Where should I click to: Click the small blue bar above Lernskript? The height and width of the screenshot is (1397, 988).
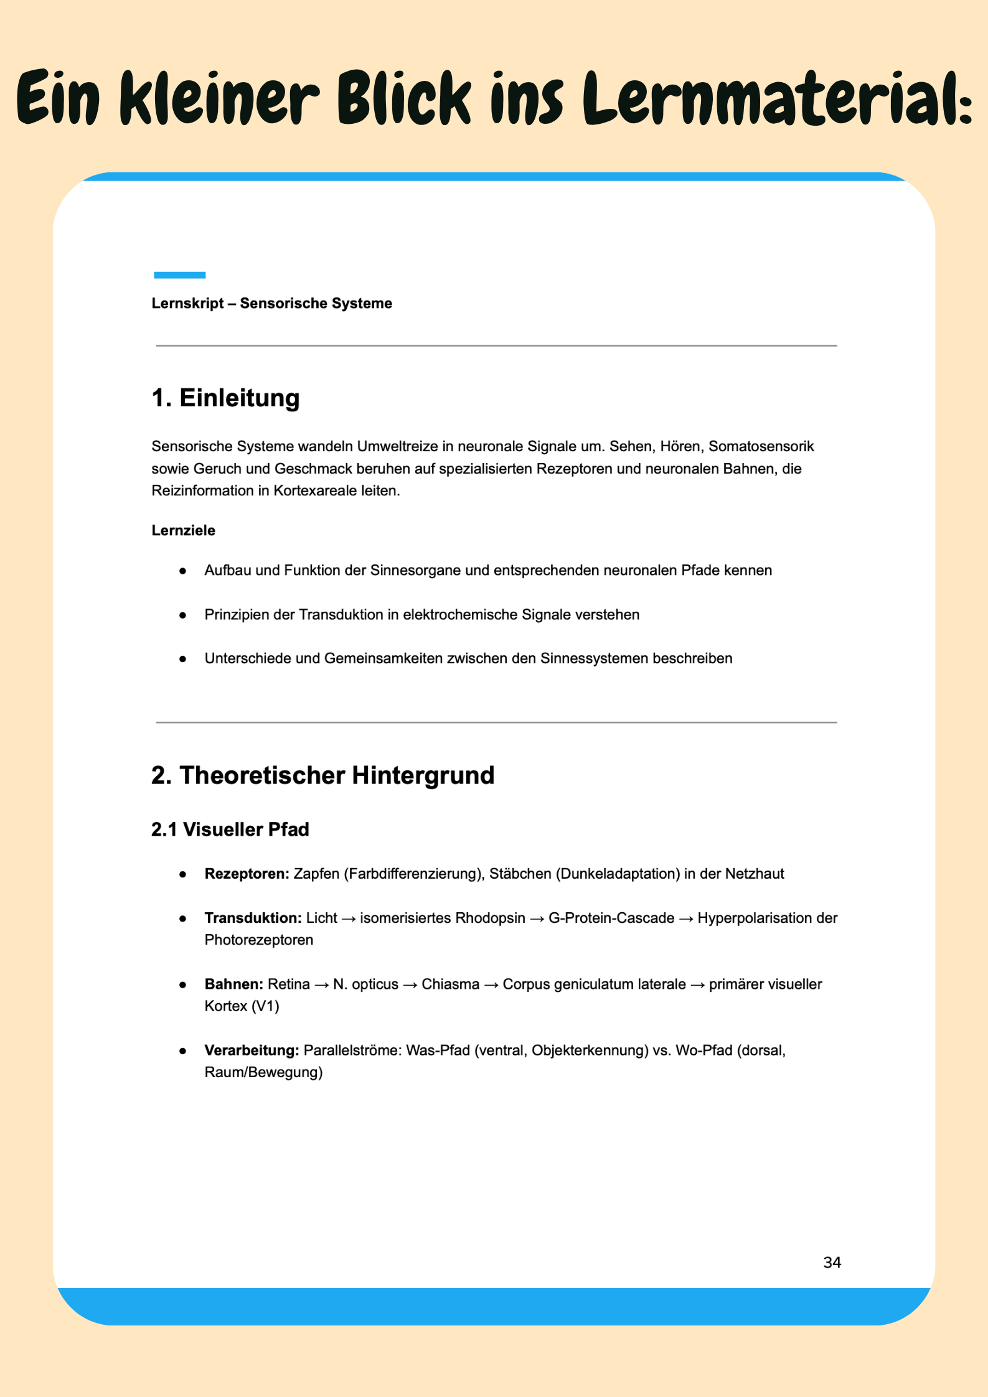click(179, 275)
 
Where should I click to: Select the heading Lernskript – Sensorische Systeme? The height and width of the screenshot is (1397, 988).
click(271, 304)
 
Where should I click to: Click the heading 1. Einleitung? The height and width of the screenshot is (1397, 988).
click(225, 398)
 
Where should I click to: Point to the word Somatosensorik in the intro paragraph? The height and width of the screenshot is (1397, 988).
click(761, 447)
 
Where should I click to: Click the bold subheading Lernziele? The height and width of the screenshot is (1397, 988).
click(183, 531)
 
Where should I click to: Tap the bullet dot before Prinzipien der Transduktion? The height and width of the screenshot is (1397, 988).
click(182, 615)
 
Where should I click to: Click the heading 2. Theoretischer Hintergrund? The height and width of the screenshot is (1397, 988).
click(322, 776)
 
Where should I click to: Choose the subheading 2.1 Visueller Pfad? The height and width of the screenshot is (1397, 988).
click(230, 830)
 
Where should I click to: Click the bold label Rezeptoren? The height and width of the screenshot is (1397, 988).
click(247, 874)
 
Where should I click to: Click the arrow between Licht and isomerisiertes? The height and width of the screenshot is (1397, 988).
click(348, 919)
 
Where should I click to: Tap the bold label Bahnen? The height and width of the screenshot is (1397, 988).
click(233, 984)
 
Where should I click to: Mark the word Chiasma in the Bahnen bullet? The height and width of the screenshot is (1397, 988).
click(450, 984)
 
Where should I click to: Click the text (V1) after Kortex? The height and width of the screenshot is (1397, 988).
click(265, 1006)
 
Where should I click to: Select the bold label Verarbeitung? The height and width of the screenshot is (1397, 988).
click(252, 1050)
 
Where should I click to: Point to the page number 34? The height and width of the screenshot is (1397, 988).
click(832, 1263)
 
